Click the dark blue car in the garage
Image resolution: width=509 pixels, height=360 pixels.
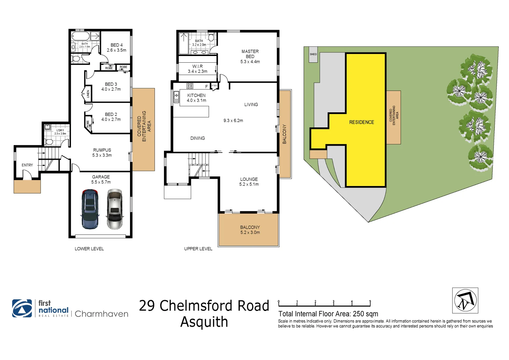click(x=90, y=209)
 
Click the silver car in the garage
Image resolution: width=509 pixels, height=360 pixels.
click(x=115, y=209)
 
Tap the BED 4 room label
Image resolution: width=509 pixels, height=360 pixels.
click(x=117, y=45)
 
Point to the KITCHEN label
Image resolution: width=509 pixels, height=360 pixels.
click(x=196, y=95)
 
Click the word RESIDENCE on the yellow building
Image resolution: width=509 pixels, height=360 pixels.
click(x=362, y=122)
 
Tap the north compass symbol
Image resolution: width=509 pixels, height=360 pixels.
click(x=465, y=300)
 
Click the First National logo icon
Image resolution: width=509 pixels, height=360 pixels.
click(x=22, y=308)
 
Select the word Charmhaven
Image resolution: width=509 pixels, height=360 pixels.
click(x=101, y=314)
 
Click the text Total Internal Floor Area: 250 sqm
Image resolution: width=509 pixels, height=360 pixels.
click(x=328, y=314)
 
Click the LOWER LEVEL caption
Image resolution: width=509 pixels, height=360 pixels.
click(x=89, y=249)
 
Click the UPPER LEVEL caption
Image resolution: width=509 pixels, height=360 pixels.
click(x=198, y=249)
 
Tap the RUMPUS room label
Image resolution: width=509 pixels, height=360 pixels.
click(x=102, y=150)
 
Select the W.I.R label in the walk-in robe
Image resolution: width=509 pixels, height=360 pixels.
click(x=197, y=66)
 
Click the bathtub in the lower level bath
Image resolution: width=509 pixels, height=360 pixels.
click(x=80, y=36)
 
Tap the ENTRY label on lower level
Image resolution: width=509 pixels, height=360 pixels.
click(x=27, y=165)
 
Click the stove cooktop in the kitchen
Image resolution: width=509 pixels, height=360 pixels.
click(x=190, y=86)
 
